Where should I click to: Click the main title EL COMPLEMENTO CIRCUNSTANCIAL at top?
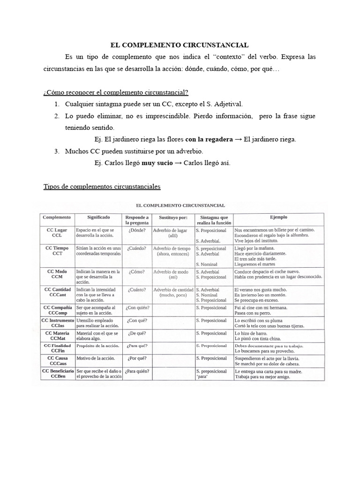click(x=180, y=45)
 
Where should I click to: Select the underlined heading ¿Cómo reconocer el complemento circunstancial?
click(x=116, y=92)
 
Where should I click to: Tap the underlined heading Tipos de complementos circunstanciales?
click(x=102, y=187)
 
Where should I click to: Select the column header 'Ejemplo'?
click(x=278, y=217)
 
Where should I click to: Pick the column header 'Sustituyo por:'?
click(x=173, y=218)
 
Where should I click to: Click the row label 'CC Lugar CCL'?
click(x=57, y=233)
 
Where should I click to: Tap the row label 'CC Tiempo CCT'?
click(x=57, y=251)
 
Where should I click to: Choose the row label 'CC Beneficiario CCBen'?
click(x=57, y=374)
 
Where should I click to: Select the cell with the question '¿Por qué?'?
click(x=136, y=359)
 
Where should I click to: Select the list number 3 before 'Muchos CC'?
click(x=57, y=151)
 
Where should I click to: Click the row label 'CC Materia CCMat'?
click(x=57, y=336)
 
